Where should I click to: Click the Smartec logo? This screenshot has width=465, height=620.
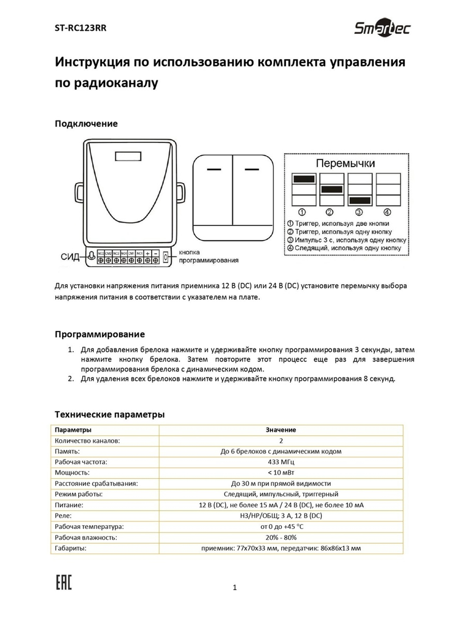pos(382,29)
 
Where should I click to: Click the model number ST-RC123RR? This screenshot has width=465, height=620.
pos(80,28)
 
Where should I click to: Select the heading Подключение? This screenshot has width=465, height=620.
pos(86,124)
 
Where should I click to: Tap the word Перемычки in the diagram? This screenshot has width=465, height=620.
pos(345,163)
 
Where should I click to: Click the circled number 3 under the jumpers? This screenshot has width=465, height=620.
pos(359,212)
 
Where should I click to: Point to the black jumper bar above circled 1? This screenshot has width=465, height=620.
pos(304,179)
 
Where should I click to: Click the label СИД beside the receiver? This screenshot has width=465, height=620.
pos(70,257)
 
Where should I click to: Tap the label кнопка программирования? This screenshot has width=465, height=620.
pos(208,256)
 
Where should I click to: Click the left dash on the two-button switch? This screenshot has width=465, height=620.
pos(213,169)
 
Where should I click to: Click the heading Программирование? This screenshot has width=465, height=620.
pos(100,334)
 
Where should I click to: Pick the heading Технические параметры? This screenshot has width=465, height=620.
pos(110,414)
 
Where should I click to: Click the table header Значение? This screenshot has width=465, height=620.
pos(281,430)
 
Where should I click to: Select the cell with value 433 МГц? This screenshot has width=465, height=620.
pos(281,462)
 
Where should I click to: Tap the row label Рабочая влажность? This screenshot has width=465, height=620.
pos(86,537)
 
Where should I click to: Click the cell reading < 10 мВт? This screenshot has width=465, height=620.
pos(281,473)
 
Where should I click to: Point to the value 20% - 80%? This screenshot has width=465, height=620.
pos(281,537)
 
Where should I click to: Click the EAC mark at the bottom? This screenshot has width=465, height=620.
pos(64,582)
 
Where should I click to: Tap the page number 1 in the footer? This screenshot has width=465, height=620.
pos(234,588)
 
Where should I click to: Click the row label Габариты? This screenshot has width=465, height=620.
pos(70,548)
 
